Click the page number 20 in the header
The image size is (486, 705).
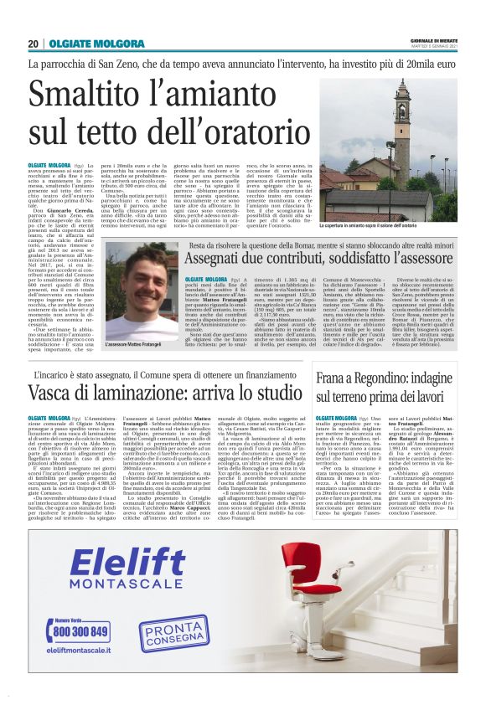pos(34,43)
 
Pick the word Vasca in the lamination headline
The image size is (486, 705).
pos(58,394)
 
